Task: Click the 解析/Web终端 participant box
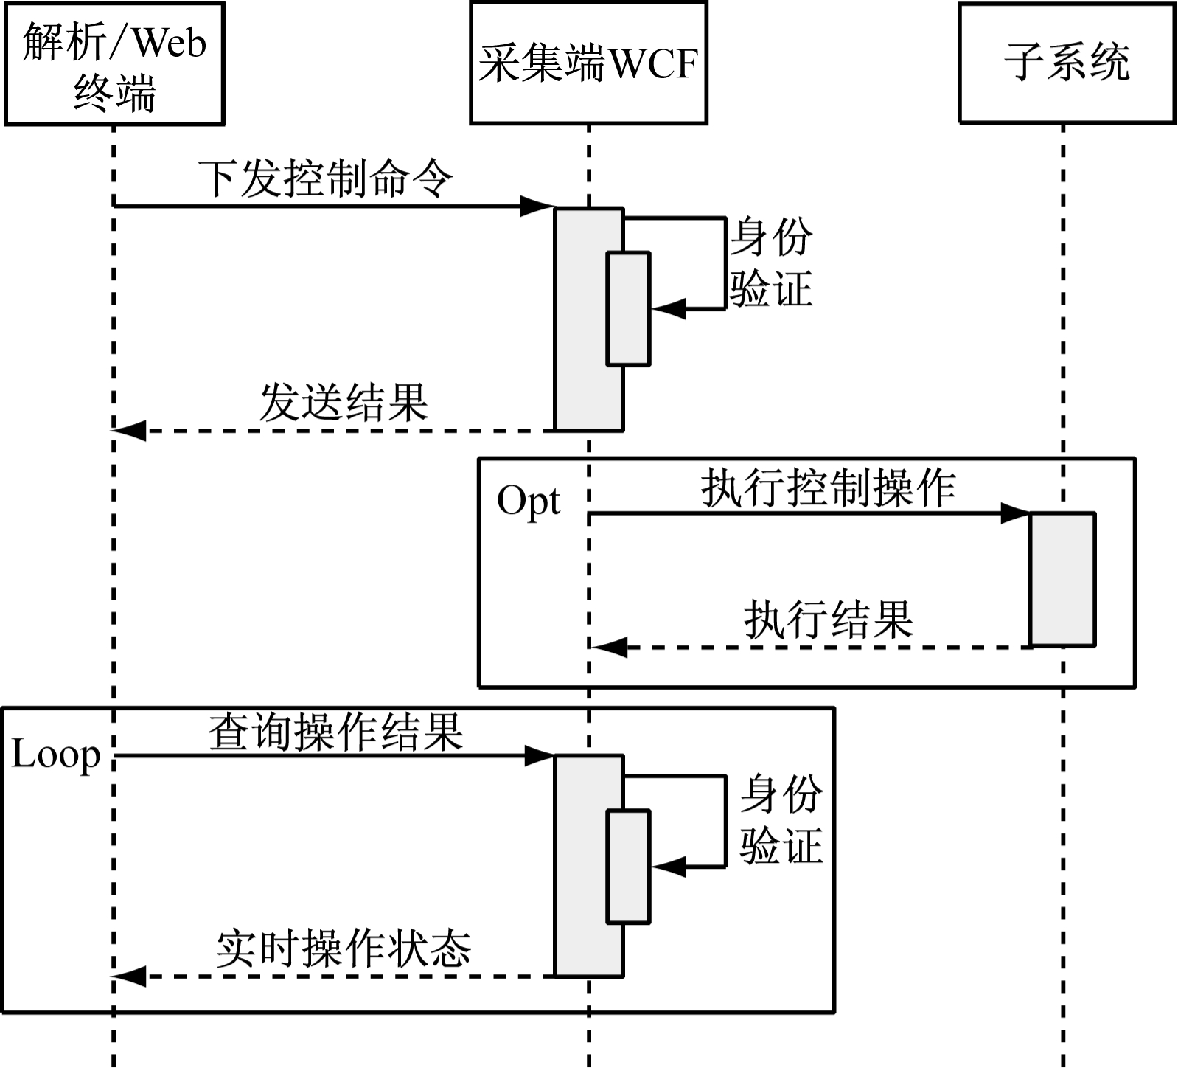[x=114, y=64]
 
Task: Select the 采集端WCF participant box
[x=588, y=63]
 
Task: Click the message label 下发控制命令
[x=325, y=178]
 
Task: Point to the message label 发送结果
[x=344, y=403]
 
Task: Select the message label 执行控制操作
[x=828, y=488]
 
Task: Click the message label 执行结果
[x=829, y=620]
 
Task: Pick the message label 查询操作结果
[x=336, y=733]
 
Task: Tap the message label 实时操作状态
[x=344, y=949]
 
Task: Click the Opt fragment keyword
[x=529, y=502]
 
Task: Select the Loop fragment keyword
[x=56, y=755]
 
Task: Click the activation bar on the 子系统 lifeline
[x=1062, y=579]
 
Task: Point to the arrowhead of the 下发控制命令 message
[x=536, y=207]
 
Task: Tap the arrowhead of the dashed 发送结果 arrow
[x=130, y=430]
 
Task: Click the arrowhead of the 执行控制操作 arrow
[x=1015, y=513]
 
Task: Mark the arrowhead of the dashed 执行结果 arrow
[x=610, y=648]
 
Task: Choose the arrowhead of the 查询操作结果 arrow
[x=539, y=755]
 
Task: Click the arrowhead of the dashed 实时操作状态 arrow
[x=130, y=977]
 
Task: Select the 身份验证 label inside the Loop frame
[x=781, y=819]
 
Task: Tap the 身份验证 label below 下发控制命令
[x=771, y=262]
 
